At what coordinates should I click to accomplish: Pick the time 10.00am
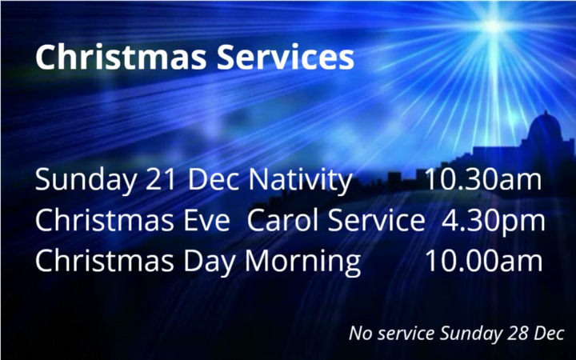pos(482,262)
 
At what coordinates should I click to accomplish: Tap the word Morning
pos(302,262)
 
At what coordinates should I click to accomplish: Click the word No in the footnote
pos(359,333)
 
